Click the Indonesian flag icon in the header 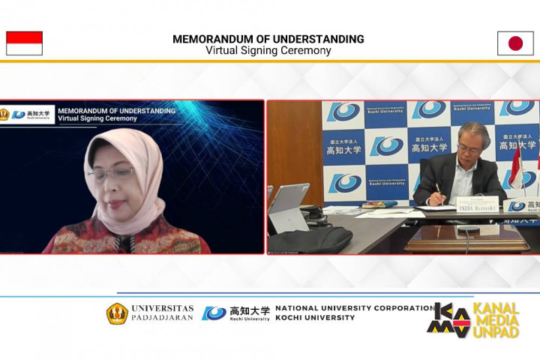(24, 43)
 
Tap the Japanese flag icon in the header (515, 43)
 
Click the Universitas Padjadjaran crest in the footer (117, 313)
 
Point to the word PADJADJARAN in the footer (163, 317)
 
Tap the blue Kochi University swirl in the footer (214, 313)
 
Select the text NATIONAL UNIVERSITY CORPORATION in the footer (355, 308)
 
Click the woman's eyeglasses (110, 172)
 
